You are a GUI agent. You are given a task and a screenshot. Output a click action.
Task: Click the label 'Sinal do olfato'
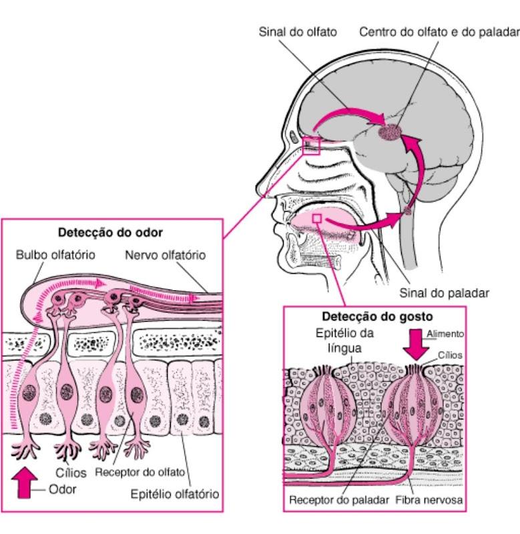[298, 32]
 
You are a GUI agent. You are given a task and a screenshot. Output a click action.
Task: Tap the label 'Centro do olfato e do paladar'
[439, 32]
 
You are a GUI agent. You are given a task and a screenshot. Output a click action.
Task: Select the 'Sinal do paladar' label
[444, 293]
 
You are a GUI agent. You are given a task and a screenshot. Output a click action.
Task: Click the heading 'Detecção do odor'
[110, 232]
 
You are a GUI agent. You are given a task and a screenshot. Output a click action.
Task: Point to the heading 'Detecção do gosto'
[377, 316]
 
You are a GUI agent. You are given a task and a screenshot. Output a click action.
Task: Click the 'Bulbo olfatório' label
[55, 255]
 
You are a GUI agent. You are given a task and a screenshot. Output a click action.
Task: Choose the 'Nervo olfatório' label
[166, 255]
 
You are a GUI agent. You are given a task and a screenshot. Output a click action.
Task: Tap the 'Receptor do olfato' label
[140, 473]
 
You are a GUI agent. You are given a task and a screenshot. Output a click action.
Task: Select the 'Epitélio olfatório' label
[175, 494]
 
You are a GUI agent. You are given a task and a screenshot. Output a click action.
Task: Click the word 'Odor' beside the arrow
[62, 489]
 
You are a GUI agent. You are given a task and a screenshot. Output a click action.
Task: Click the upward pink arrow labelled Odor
[24, 483]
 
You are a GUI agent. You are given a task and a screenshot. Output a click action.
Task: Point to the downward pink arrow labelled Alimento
[416, 344]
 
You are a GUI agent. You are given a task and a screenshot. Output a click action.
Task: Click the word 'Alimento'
[445, 334]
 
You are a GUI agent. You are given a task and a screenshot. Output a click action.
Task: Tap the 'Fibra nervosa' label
[429, 500]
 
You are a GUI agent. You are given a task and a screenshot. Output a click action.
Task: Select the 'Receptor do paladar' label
[339, 500]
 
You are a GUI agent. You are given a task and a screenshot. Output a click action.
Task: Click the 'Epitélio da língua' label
[344, 340]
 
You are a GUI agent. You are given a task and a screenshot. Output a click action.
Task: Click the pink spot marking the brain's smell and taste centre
[390, 131]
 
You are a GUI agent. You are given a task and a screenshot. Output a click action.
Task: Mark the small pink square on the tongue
[317, 218]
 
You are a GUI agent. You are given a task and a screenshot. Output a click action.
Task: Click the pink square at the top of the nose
[311, 146]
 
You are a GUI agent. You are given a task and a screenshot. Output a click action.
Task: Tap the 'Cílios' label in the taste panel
[450, 355]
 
